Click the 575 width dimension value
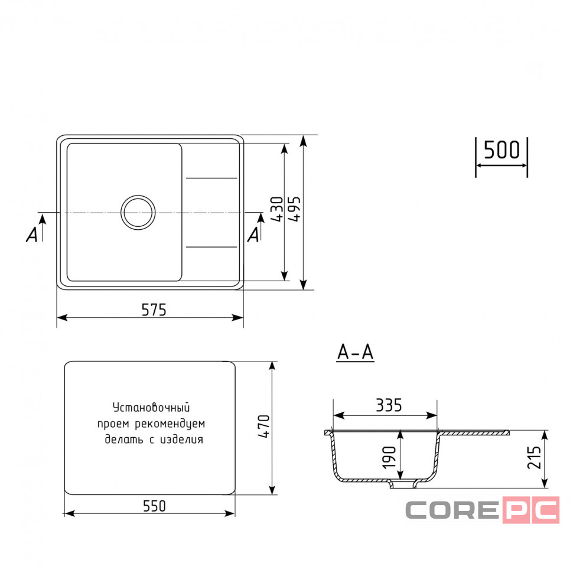pyautogui.click(x=154, y=310)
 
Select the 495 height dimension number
pyautogui.click(x=295, y=209)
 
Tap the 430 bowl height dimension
pyautogui.click(x=277, y=209)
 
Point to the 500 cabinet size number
pyautogui.click(x=502, y=150)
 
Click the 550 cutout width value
pyautogui.click(x=154, y=506)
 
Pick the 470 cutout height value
pyautogui.click(x=263, y=426)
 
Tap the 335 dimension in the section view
pyautogui.click(x=389, y=405)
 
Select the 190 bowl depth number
pyautogui.click(x=389, y=457)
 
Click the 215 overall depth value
pyautogui.click(x=534, y=457)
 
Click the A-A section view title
pyautogui.click(x=355, y=352)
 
